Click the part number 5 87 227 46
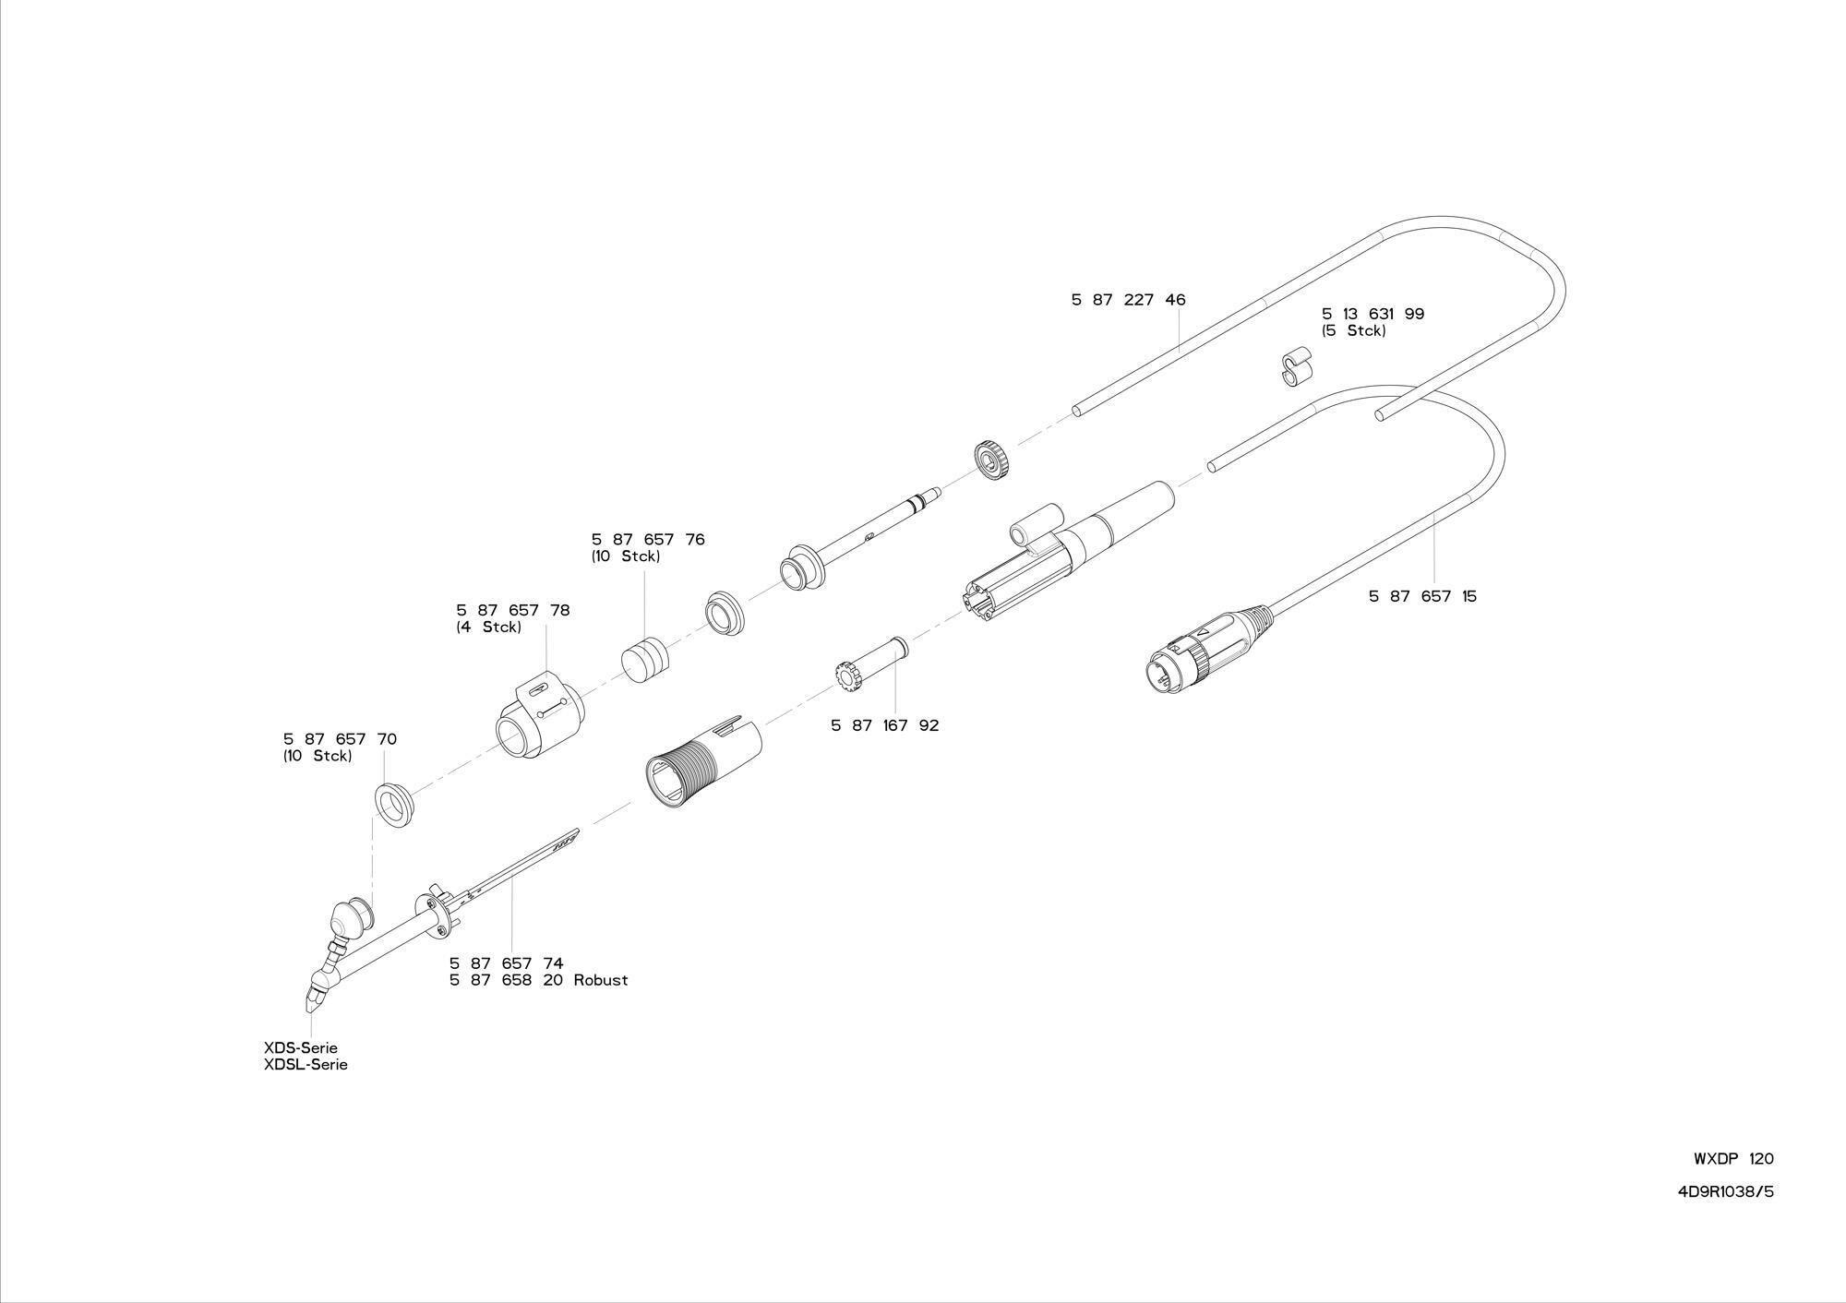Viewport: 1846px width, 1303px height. point(1128,300)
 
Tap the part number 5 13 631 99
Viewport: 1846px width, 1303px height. point(1373,314)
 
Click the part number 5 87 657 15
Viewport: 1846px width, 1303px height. point(1422,596)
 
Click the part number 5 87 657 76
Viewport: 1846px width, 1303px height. point(647,540)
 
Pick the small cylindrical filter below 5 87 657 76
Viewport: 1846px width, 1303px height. point(643,656)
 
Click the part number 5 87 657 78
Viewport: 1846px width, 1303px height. point(512,611)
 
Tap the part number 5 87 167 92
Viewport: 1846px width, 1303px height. point(884,725)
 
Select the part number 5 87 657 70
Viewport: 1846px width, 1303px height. point(340,739)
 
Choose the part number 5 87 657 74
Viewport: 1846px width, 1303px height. point(506,963)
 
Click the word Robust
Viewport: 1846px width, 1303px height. point(600,980)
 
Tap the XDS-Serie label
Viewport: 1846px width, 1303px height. point(300,1048)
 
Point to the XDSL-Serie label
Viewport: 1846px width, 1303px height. point(306,1065)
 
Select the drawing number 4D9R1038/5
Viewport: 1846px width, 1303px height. point(1725,1191)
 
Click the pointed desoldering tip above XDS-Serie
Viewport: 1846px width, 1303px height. point(312,997)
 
